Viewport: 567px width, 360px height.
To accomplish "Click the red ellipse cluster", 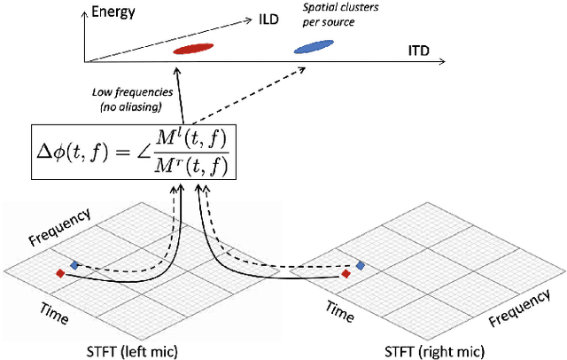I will click(x=193, y=50).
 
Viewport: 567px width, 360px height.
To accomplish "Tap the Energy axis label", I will click(x=124, y=12).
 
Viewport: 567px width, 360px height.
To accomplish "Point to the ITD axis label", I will click(x=418, y=51).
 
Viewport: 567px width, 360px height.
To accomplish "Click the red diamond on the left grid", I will click(x=60, y=272).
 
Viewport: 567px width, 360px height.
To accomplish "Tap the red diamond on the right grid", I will click(x=346, y=274).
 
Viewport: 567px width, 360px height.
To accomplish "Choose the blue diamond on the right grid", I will click(x=361, y=265).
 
